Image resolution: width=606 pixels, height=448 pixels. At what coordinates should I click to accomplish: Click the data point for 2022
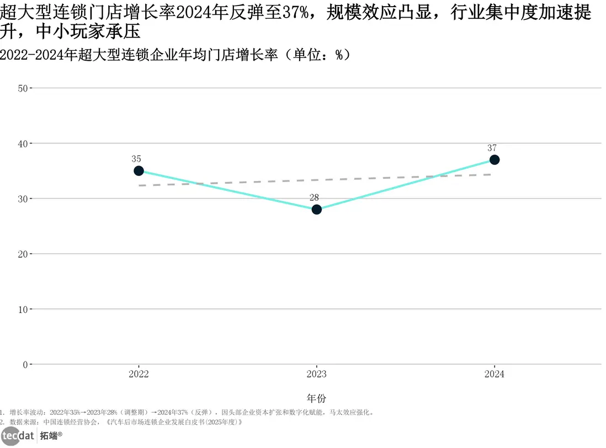[x=139, y=171]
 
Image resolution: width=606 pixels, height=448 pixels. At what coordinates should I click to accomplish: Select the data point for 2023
[x=316, y=210]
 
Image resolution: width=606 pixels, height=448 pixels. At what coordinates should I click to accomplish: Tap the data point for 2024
[x=495, y=160]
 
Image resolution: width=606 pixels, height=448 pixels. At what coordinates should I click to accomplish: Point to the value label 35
[x=136, y=159]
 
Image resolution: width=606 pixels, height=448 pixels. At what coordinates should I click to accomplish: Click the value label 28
[x=314, y=198]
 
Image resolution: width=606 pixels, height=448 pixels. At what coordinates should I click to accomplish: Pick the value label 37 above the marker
[x=492, y=148]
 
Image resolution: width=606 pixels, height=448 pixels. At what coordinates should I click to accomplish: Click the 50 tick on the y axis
[x=23, y=88]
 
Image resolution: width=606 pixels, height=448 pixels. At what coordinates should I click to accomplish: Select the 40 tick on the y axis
[x=23, y=143]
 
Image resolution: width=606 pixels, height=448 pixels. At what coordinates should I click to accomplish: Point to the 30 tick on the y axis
[x=23, y=199]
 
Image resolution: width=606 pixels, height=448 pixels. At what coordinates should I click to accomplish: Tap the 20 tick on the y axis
[x=23, y=254]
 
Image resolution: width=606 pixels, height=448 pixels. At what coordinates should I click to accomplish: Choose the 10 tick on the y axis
[x=23, y=309]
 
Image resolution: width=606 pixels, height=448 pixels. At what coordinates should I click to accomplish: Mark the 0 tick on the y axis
[x=25, y=364]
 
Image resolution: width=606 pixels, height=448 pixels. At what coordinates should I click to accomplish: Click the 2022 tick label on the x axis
[x=139, y=374]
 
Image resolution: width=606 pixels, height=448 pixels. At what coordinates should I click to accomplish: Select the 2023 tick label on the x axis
[x=316, y=374]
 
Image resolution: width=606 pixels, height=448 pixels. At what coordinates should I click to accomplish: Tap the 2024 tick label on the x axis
[x=495, y=374]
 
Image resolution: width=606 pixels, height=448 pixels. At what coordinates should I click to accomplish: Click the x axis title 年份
[x=316, y=398]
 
